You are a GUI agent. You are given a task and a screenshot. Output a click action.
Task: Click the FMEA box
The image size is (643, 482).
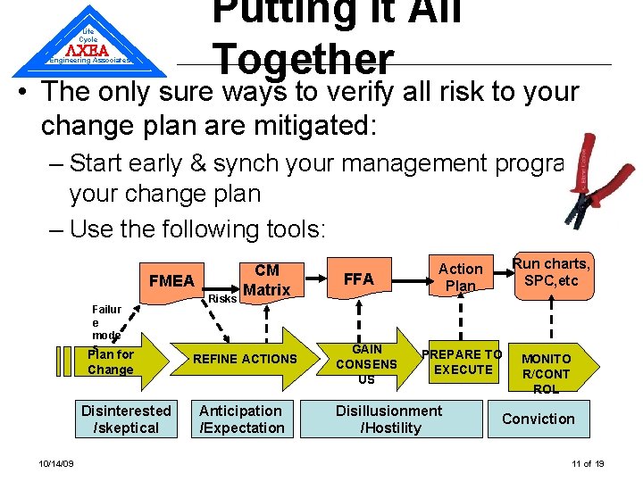coord(171,281)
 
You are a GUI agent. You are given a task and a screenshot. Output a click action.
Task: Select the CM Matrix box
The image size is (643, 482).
coord(266,280)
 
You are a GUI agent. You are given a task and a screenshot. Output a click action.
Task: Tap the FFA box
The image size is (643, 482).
coord(358,279)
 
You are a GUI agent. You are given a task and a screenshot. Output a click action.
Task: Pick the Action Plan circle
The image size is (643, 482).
coord(460,278)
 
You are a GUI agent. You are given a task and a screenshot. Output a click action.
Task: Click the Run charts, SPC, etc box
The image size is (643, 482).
coord(550,272)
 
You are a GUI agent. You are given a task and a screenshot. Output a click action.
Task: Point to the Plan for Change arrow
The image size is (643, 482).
coord(121,361)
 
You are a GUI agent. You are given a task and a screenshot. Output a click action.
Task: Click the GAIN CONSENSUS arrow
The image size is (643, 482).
coord(372,363)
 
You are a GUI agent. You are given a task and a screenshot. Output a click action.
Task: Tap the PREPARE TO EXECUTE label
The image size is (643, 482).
coord(463,361)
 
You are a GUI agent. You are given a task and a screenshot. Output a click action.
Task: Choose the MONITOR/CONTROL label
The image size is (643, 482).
coord(546,373)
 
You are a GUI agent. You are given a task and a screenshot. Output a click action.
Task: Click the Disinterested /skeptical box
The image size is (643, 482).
coord(126,420)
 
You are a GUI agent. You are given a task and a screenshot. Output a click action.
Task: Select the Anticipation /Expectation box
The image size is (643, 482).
coord(240,420)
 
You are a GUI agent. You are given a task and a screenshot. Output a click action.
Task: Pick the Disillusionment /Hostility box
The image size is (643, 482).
coord(388,420)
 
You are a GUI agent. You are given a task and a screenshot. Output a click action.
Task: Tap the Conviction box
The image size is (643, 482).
coord(539,419)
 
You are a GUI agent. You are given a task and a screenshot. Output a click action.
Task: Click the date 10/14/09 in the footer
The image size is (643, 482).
coord(56,463)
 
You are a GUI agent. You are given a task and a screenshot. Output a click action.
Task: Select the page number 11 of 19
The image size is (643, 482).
coord(588,463)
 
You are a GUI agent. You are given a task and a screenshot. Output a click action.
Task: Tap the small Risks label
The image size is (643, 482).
coord(222,299)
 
